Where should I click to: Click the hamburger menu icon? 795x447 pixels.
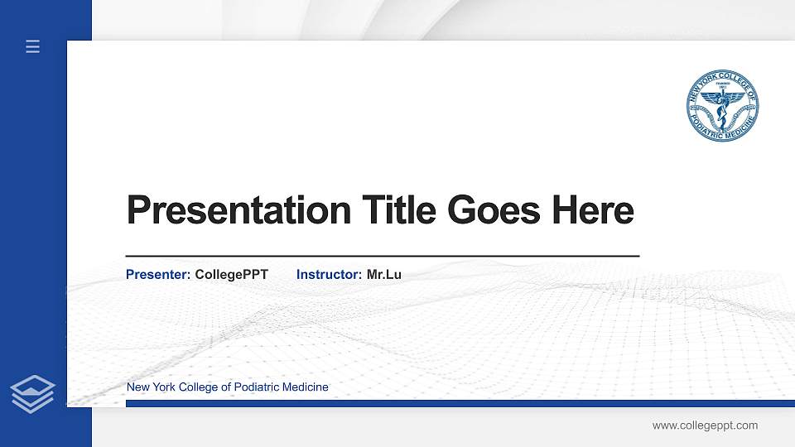[x=33, y=47]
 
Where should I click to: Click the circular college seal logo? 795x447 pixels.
[x=722, y=105]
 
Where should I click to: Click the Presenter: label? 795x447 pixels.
[x=158, y=274]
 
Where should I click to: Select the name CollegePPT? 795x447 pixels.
[x=231, y=274]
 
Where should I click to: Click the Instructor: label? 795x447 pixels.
[x=329, y=274]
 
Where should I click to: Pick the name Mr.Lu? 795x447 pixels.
[x=383, y=274]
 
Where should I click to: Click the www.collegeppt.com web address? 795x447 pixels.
[x=705, y=425]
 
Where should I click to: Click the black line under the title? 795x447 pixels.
[x=382, y=257]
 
